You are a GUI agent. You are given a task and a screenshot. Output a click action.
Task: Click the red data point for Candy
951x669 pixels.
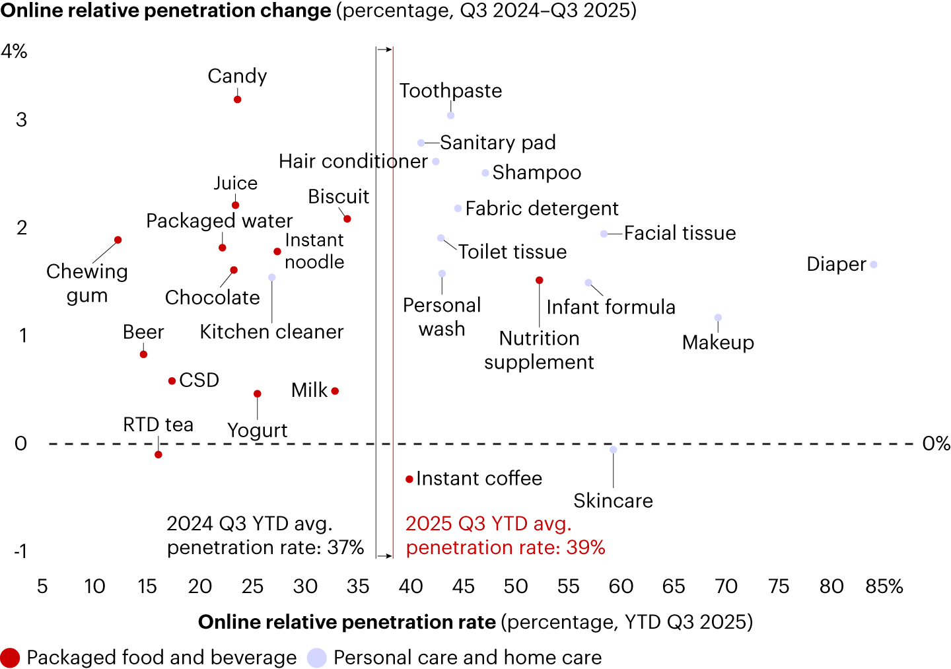click(238, 100)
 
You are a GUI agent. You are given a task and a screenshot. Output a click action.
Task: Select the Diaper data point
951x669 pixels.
click(874, 265)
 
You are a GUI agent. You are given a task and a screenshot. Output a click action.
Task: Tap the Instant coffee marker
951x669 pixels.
click(409, 479)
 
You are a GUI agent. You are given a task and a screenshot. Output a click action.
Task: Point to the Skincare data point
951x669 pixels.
click(614, 450)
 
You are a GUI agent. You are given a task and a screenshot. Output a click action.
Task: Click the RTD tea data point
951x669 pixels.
click(158, 454)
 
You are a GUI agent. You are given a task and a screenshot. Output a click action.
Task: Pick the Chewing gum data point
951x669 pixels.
click(118, 240)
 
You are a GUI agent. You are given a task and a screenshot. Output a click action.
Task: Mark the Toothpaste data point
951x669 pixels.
click(451, 116)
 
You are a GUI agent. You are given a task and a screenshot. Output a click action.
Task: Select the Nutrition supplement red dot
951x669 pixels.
click(540, 281)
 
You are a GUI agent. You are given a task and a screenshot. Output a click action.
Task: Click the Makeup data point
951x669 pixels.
click(719, 318)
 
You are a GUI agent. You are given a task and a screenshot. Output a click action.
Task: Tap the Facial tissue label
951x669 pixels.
click(680, 233)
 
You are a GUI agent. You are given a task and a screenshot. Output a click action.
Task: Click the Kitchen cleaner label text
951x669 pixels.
click(271, 332)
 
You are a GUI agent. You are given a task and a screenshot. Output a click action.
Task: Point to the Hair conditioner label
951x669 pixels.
click(353, 161)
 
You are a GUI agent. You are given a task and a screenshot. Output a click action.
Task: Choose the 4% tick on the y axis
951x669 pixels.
click(14, 52)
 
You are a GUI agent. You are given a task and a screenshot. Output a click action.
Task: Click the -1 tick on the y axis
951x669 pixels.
click(20, 551)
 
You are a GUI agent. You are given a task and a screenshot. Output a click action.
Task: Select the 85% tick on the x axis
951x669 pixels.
click(884, 586)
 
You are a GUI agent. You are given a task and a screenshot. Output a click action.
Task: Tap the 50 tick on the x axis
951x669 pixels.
click(516, 586)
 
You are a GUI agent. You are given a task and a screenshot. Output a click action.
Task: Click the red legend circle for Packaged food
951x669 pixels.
click(11, 658)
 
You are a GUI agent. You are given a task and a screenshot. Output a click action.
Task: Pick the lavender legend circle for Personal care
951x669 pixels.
click(317, 658)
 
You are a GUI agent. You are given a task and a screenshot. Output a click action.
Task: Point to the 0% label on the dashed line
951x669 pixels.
click(936, 444)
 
